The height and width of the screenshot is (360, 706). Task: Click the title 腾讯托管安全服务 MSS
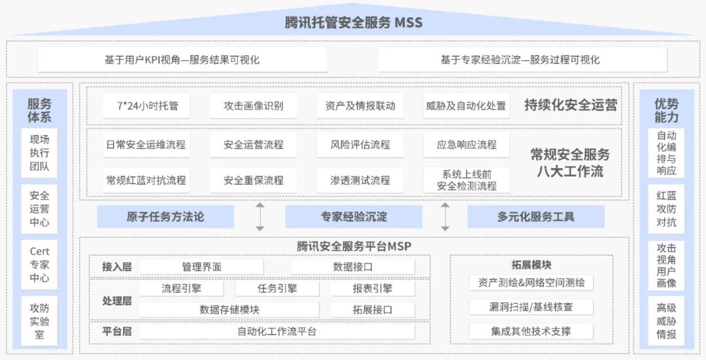[353, 23]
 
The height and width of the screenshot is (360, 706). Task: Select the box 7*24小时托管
[146, 106]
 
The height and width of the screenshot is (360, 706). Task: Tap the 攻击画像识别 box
[254, 106]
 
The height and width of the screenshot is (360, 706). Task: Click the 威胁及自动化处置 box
[465, 106]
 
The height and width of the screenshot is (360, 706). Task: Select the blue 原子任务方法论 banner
[165, 217]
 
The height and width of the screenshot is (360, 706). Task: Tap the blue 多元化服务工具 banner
[535, 217]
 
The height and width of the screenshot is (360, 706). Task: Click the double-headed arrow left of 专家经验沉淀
[260, 217]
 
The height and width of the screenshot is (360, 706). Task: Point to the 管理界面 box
[201, 267]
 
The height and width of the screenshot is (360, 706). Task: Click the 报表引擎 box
[372, 288]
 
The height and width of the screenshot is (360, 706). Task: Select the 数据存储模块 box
[229, 310]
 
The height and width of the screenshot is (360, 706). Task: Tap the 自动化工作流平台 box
[277, 331]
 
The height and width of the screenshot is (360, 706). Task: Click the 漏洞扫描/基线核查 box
[531, 307]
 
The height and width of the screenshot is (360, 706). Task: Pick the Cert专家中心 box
[39, 265]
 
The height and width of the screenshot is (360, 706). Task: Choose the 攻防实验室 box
[39, 321]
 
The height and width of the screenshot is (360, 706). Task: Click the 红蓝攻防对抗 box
[666, 208]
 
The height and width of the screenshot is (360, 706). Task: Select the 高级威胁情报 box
[666, 321]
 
